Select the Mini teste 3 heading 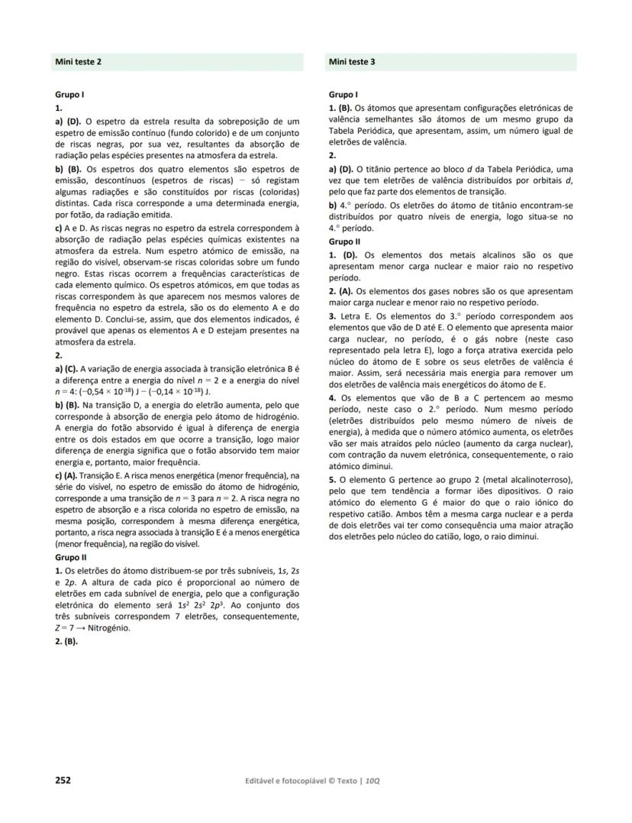pos(353,61)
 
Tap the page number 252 pos(63,779)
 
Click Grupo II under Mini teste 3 pos(344,241)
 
